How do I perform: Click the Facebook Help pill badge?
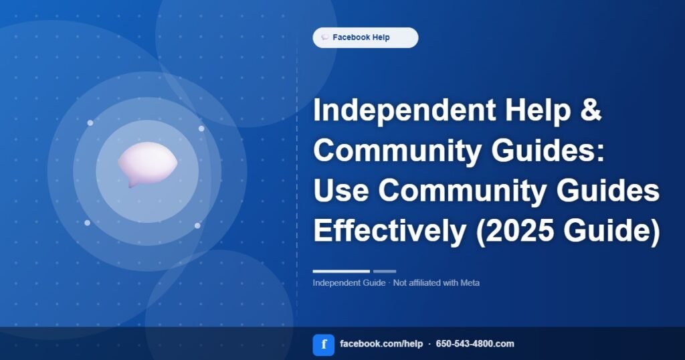click(365, 37)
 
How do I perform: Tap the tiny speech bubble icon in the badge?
click(325, 37)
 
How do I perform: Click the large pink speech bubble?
click(148, 164)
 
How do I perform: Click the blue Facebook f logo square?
click(324, 345)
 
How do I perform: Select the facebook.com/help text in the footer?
click(381, 344)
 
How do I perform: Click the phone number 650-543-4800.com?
click(475, 344)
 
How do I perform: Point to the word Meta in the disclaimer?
click(470, 282)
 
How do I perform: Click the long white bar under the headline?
click(341, 271)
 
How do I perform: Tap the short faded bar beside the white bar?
click(385, 271)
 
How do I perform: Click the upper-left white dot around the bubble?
click(90, 122)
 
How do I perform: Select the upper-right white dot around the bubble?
click(201, 128)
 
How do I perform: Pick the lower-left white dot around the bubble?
click(88, 223)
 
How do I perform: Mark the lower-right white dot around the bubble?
click(197, 226)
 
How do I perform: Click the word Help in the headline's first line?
click(538, 110)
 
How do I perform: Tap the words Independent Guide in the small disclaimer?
click(349, 282)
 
